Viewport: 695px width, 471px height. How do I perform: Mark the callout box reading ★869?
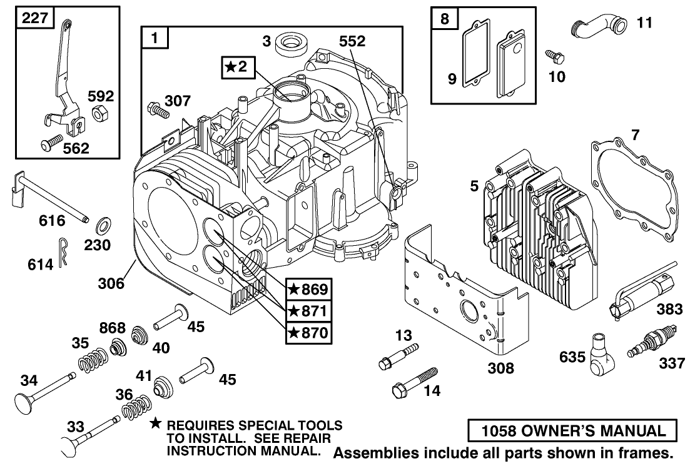[307, 290]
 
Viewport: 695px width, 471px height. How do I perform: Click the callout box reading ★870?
[307, 332]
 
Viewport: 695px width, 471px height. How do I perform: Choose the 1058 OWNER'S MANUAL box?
[572, 430]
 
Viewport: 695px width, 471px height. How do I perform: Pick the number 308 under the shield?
[500, 368]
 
